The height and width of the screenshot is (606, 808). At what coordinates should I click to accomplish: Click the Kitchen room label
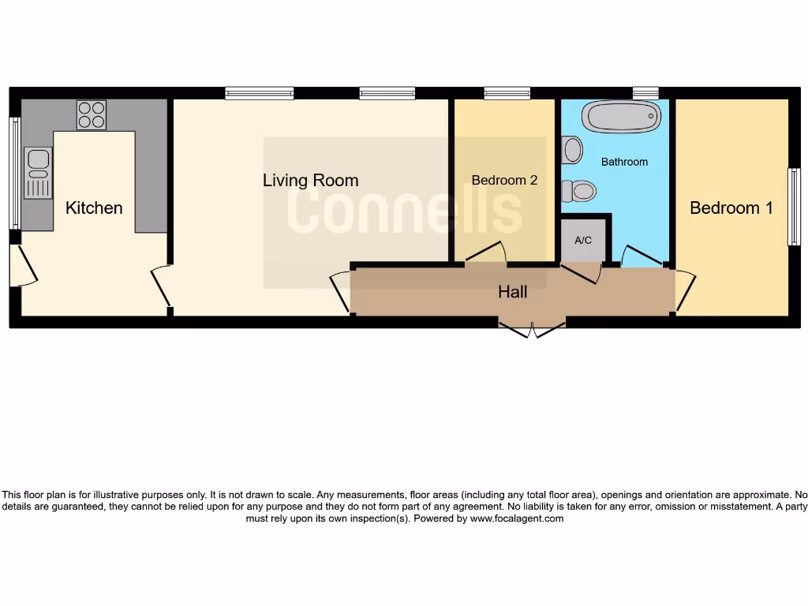point(94,208)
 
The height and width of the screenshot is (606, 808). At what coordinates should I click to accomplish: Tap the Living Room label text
point(310,181)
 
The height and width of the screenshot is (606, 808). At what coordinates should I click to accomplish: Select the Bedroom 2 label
point(504,181)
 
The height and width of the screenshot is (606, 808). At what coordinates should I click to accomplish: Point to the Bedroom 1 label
point(731,208)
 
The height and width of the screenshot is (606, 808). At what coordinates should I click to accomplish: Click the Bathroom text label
point(624,162)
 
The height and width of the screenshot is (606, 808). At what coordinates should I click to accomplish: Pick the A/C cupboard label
point(583,241)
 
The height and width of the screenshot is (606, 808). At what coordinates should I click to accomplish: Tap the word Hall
point(512,293)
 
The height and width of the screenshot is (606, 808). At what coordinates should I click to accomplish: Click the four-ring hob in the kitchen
point(91,115)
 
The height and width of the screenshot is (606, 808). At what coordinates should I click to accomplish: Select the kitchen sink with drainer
point(36,172)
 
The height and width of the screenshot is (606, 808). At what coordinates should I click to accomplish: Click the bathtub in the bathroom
point(622,118)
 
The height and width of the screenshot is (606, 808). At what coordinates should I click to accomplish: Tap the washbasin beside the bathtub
point(573,148)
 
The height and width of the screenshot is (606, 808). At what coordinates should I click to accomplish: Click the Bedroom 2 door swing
point(487,252)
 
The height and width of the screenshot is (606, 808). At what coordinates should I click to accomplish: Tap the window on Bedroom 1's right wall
point(795,207)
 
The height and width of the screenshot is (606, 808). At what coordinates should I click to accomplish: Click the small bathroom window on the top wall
point(645,93)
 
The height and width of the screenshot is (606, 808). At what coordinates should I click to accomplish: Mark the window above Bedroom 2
point(507,93)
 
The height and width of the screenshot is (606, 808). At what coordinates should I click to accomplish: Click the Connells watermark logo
point(404,210)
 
